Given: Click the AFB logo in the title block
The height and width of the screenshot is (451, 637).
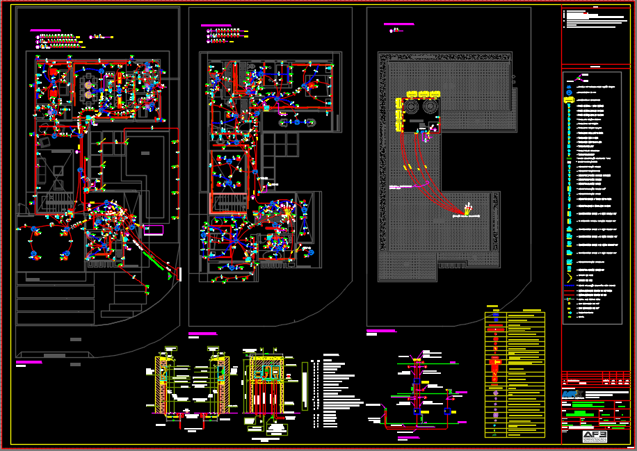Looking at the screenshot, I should point(595,436).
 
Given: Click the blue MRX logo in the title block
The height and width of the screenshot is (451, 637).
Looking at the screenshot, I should point(572,394).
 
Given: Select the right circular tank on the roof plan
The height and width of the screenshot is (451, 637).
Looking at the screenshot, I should point(429,108).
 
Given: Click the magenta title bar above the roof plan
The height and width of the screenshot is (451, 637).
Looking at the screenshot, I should point(399,24).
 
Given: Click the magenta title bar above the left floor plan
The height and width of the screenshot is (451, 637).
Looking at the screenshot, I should point(45,31).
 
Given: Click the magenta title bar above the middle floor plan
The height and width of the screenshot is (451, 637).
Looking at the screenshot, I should point(216,26).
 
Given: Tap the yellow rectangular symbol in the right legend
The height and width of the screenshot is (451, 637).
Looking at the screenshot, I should point(569,100).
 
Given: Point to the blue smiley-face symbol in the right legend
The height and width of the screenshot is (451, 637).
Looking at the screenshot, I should point(569,92).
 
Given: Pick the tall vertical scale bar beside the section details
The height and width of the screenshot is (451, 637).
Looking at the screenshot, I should point(305,386).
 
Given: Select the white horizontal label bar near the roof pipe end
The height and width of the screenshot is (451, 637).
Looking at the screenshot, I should point(467,217).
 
